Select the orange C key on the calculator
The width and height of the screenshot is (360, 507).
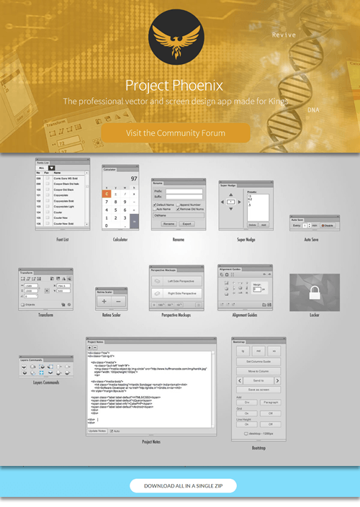pyautogui.click(x=107, y=193)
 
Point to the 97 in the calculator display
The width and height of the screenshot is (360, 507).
pyautogui.click(x=134, y=179)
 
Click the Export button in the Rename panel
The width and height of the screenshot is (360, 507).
pyautogui.click(x=187, y=224)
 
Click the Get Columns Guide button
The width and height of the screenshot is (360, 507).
pyautogui.click(x=258, y=360)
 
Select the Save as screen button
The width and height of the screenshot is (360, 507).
pyautogui.click(x=258, y=390)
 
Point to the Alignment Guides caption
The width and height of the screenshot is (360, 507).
pyautogui.click(x=245, y=315)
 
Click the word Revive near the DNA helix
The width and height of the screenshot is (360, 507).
pyautogui.click(x=284, y=34)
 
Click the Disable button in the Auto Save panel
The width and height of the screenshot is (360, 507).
pyautogui.click(x=327, y=225)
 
